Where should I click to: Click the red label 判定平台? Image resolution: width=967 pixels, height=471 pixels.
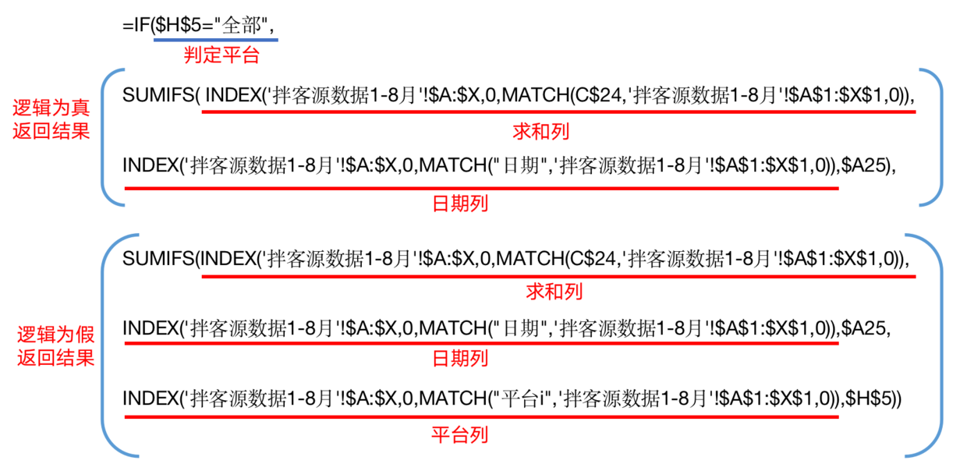point(221,55)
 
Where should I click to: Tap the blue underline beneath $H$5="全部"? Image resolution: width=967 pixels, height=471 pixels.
point(216,40)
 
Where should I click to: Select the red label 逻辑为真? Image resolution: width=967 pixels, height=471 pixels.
point(51,108)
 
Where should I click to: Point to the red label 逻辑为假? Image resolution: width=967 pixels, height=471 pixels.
point(55,335)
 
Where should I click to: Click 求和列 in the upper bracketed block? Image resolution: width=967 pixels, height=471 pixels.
point(541,132)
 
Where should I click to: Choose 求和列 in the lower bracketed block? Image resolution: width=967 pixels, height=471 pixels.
point(554,292)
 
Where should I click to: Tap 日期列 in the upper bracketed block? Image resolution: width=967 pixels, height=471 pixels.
point(460,204)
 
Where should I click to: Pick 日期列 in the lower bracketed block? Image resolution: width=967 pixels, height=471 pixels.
point(460,359)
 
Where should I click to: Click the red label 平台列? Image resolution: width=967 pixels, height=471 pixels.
point(460,434)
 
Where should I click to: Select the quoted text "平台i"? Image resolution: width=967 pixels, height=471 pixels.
point(521,398)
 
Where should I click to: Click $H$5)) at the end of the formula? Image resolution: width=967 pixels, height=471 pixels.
point(873,398)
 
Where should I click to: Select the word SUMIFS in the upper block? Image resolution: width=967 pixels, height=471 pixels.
point(158,95)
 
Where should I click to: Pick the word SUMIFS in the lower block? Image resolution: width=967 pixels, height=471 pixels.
point(158,259)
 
